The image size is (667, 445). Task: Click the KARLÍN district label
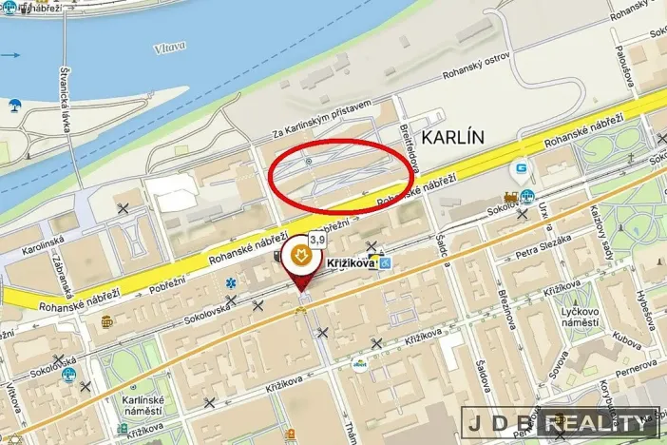452,137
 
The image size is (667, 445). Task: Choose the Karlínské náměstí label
142,406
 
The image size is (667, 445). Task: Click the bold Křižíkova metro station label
351,263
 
